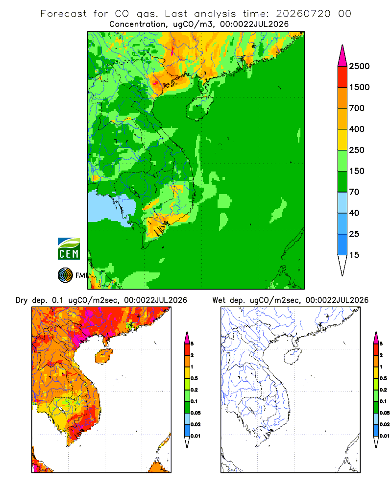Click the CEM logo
(x=69, y=249)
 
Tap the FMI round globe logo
(x=65, y=275)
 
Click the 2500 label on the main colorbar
(x=359, y=66)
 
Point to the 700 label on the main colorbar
(x=357, y=108)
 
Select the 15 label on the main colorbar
(x=354, y=255)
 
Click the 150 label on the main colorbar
(x=357, y=171)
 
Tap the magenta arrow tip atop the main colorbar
(x=343, y=56)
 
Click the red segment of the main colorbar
(x=343, y=77)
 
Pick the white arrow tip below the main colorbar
(x=343, y=266)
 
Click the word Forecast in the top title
(x=64, y=14)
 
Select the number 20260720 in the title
(x=303, y=14)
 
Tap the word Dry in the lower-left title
(x=22, y=300)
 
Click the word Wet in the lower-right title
(x=219, y=300)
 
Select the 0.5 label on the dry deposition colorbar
(x=194, y=378)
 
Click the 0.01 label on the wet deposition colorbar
(x=385, y=436)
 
